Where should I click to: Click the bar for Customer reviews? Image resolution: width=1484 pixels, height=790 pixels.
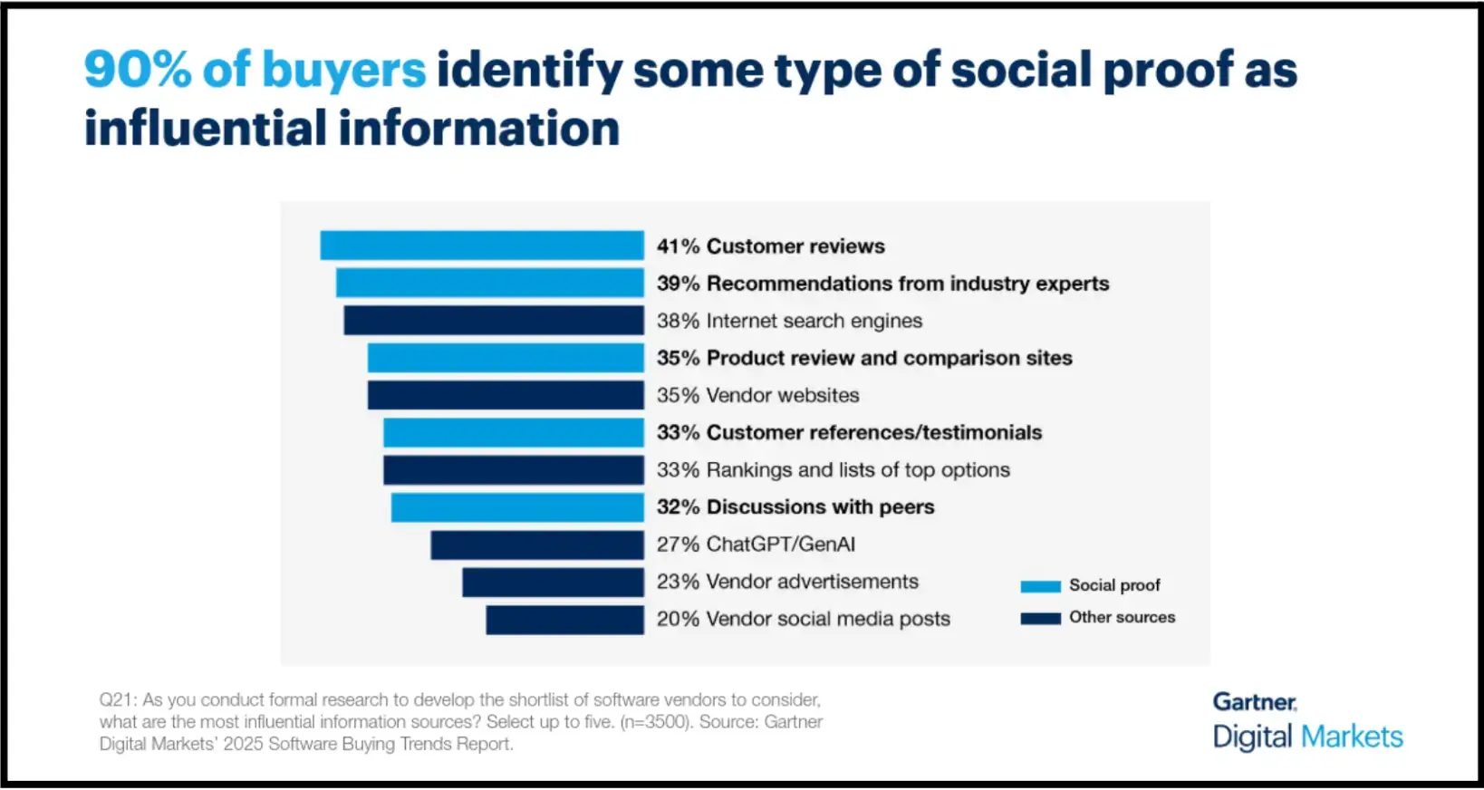tap(482, 246)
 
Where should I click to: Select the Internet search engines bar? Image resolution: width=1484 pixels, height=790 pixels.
tap(494, 321)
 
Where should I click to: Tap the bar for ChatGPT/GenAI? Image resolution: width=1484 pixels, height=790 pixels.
tap(537, 544)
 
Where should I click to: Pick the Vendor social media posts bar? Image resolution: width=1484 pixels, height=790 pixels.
tap(564, 620)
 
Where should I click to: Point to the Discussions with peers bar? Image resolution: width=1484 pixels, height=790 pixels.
tap(517, 507)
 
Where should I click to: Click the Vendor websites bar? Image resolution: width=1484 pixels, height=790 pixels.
tap(506, 395)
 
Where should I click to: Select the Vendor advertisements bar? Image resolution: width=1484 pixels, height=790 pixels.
tap(553, 582)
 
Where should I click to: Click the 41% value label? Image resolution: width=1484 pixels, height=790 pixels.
tap(678, 246)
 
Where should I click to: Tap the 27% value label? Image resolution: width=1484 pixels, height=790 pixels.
tap(678, 544)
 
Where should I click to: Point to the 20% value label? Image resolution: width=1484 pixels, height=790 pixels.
tap(678, 619)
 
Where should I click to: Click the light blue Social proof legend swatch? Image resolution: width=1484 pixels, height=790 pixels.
tap(1040, 586)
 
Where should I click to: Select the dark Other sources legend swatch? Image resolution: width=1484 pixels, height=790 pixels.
tap(1040, 618)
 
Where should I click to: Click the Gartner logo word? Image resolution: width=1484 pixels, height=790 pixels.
tap(1255, 702)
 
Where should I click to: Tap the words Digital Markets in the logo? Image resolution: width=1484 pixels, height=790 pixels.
tap(1307, 737)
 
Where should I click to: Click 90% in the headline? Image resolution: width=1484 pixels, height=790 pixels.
tap(138, 70)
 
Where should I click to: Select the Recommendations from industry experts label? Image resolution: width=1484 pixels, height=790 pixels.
tap(907, 284)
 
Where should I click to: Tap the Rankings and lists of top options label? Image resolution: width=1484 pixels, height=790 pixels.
tap(857, 470)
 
